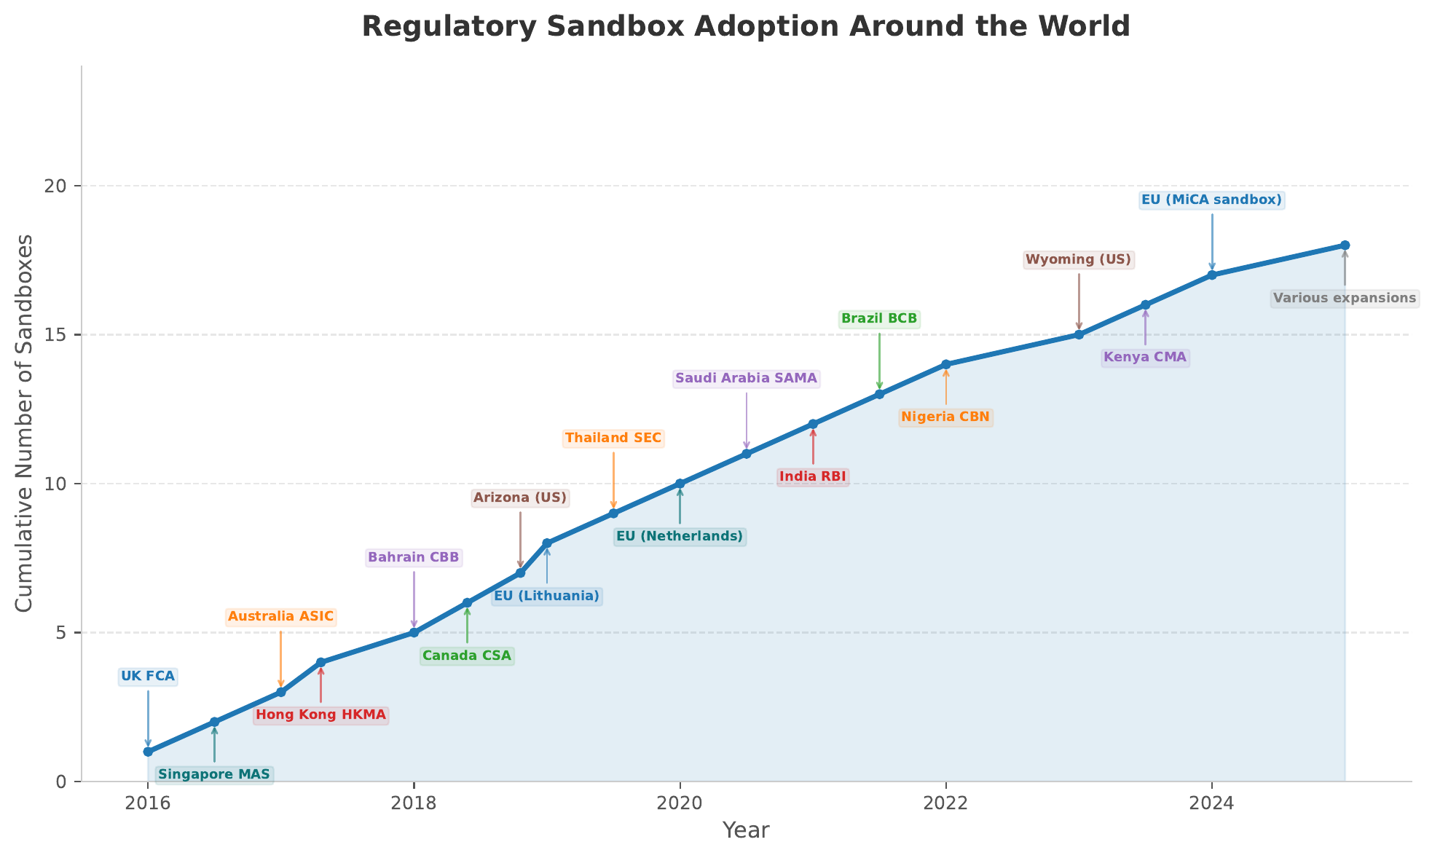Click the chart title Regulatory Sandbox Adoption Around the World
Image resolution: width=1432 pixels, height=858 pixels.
coord(746,27)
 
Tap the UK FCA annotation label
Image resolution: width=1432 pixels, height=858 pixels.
coord(148,677)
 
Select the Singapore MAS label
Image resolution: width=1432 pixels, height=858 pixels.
coord(214,774)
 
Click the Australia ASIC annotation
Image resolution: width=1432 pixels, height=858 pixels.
coord(280,617)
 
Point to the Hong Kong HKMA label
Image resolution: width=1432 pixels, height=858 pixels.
coord(320,715)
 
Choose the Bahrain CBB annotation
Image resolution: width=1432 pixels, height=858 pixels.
coord(414,558)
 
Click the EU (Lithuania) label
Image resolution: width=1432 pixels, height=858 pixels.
coord(546,597)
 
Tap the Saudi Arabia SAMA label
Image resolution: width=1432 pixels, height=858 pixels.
coord(746,379)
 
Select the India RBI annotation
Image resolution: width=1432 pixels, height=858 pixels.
coord(813,477)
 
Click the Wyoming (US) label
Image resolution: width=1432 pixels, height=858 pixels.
coord(1078,260)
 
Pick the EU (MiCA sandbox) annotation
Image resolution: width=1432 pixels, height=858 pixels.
coord(1211,200)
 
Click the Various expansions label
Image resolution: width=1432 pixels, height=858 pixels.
coord(1344,299)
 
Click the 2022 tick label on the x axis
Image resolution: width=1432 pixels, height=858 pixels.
coord(945,803)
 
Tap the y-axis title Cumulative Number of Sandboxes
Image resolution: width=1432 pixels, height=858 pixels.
coord(24,423)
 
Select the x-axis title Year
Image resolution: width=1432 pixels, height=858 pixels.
coord(746,830)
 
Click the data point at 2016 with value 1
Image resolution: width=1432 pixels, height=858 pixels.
coord(148,752)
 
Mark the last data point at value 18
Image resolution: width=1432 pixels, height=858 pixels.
coord(1345,245)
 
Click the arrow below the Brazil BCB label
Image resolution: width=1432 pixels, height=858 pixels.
coord(879,361)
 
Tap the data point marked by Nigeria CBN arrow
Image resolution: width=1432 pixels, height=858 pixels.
coord(945,364)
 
